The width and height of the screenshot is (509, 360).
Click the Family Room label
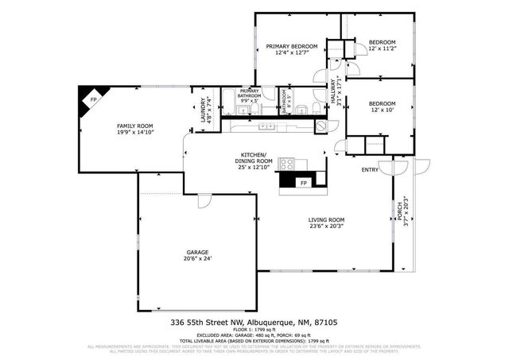pyautogui.click(x=134, y=126)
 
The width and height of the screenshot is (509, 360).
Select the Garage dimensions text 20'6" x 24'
pyautogui.click(x=198, y=259)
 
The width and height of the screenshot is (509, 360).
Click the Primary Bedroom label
pyautogui.click(x=291, y=47)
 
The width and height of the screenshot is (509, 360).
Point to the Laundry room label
pyautogui.click(x=204, y=106)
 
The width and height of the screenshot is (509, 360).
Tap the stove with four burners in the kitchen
pyautogui.click(x=286, y=165)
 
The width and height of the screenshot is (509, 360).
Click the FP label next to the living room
pyautogui.click(x=303, y=184)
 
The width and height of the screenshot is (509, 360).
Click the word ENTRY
pyautogui.click(x=370, y=170)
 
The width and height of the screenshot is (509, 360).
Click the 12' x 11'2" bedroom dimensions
pyautogui.click(x=381, y=48)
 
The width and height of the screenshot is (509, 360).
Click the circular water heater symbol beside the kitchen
pyautogui.click(x=321, y=126)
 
